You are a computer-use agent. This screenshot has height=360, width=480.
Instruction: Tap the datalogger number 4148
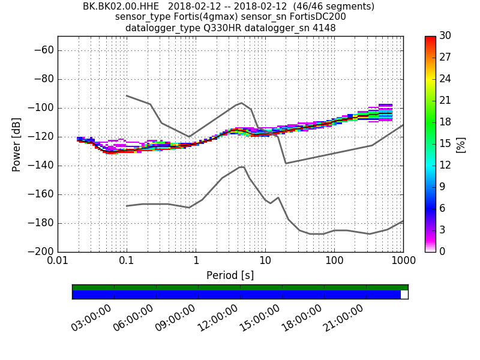[323, 28]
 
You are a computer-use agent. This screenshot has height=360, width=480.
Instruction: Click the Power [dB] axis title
[17, 144]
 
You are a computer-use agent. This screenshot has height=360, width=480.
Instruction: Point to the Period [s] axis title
[230, 275]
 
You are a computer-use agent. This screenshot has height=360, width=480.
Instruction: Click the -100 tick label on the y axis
[41, 108]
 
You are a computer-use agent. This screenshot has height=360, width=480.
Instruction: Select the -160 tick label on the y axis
[41, 194]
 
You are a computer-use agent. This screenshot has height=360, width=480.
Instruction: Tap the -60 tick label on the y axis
[43, 50]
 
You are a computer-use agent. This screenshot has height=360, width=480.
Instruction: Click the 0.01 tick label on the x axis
[58, 261]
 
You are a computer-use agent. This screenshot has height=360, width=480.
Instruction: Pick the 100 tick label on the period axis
[334, 261]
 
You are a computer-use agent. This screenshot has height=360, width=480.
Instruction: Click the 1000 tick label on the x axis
[403, 261]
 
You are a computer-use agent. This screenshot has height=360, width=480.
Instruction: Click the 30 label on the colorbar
[445, 36]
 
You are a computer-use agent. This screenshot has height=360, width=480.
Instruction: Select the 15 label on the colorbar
[445, 143]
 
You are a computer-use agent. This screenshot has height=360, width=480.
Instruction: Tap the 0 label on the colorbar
[443, 251]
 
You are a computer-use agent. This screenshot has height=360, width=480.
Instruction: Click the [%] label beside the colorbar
[461, 145]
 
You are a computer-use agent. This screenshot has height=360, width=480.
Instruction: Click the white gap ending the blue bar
[404, 295]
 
